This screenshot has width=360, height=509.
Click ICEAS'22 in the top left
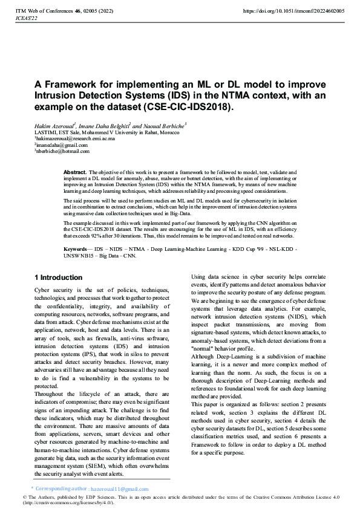[26, 19]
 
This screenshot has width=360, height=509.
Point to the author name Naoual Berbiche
[162, 125]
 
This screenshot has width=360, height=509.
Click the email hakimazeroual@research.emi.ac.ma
[76, 138]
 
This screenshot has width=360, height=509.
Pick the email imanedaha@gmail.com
[62, 145]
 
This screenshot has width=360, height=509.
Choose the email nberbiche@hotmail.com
[63, 152]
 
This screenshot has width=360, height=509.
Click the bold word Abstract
[76, 172]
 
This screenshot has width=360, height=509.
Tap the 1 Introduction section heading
[58, 277]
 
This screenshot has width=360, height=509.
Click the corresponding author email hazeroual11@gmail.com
[119, 489]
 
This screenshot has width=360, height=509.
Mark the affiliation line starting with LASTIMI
[106, 132]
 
